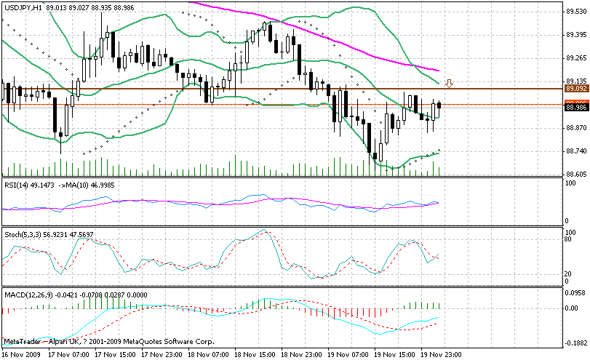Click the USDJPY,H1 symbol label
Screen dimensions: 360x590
(x=22, y=7)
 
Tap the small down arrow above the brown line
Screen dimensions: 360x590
(x=450, y=83)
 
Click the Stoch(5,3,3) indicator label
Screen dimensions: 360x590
(x=25, y=235)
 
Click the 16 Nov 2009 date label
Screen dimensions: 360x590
(x=20, y=353)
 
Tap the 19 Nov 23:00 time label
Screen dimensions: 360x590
(x=443, y=353)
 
